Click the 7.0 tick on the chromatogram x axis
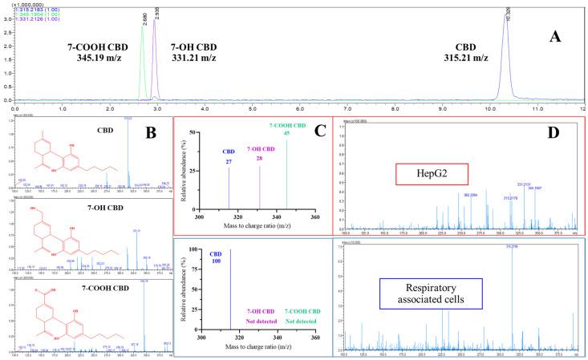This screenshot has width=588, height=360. (x=347, y=108)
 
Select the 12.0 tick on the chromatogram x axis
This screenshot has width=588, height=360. (x=582, y=108)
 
